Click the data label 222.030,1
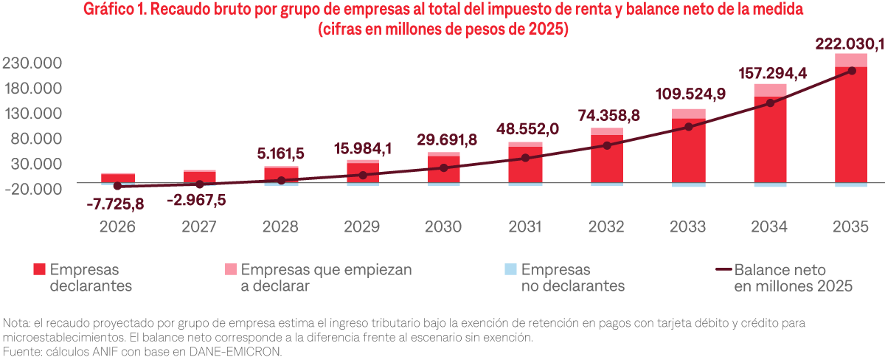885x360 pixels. [848, 44]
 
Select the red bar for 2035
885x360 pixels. [851, 125]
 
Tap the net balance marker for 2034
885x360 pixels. [770, 103]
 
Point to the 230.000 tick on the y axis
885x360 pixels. [32, 63]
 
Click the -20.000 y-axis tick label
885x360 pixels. [32, 188]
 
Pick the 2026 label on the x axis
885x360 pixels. [118, 226]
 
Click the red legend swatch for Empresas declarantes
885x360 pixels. [40, 270]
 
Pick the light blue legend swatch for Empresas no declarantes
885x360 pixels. [510, 270]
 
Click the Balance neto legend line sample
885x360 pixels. [722, 270]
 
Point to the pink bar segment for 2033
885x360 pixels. [688, 114]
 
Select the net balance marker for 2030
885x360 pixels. [443, 168]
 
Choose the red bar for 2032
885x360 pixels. [606, 159]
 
